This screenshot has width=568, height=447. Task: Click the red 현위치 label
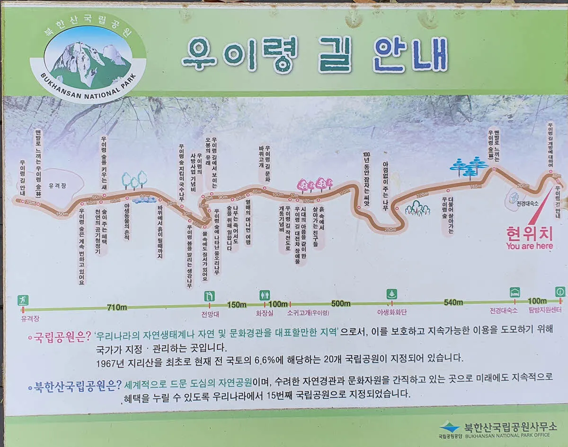[x=529, y=232]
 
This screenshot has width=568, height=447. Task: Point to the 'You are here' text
[x=529, y=246]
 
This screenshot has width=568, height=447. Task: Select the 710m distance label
[x=117, y=308]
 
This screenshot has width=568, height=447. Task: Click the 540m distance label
[x=453, y=302]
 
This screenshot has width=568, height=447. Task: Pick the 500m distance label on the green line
[x=340, y=303]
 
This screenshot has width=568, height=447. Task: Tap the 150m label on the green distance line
[x=237, y=304]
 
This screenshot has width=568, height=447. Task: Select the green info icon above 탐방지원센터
[x=560, y=292]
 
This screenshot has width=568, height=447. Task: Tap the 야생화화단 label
[x=392, y=312]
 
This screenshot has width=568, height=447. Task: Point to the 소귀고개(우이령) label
[x=308, y=312]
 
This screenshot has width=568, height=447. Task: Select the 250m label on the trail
[x=390, y=230]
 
